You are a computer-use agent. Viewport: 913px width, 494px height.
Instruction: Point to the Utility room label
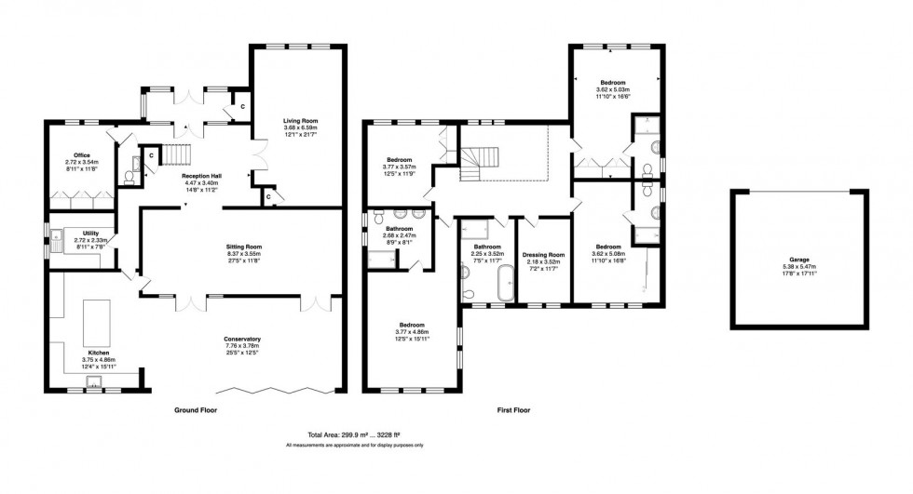point(90,234)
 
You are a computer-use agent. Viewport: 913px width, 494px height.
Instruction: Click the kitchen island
point(98,322)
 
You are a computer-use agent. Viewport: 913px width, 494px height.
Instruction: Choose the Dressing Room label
point(545,255)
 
